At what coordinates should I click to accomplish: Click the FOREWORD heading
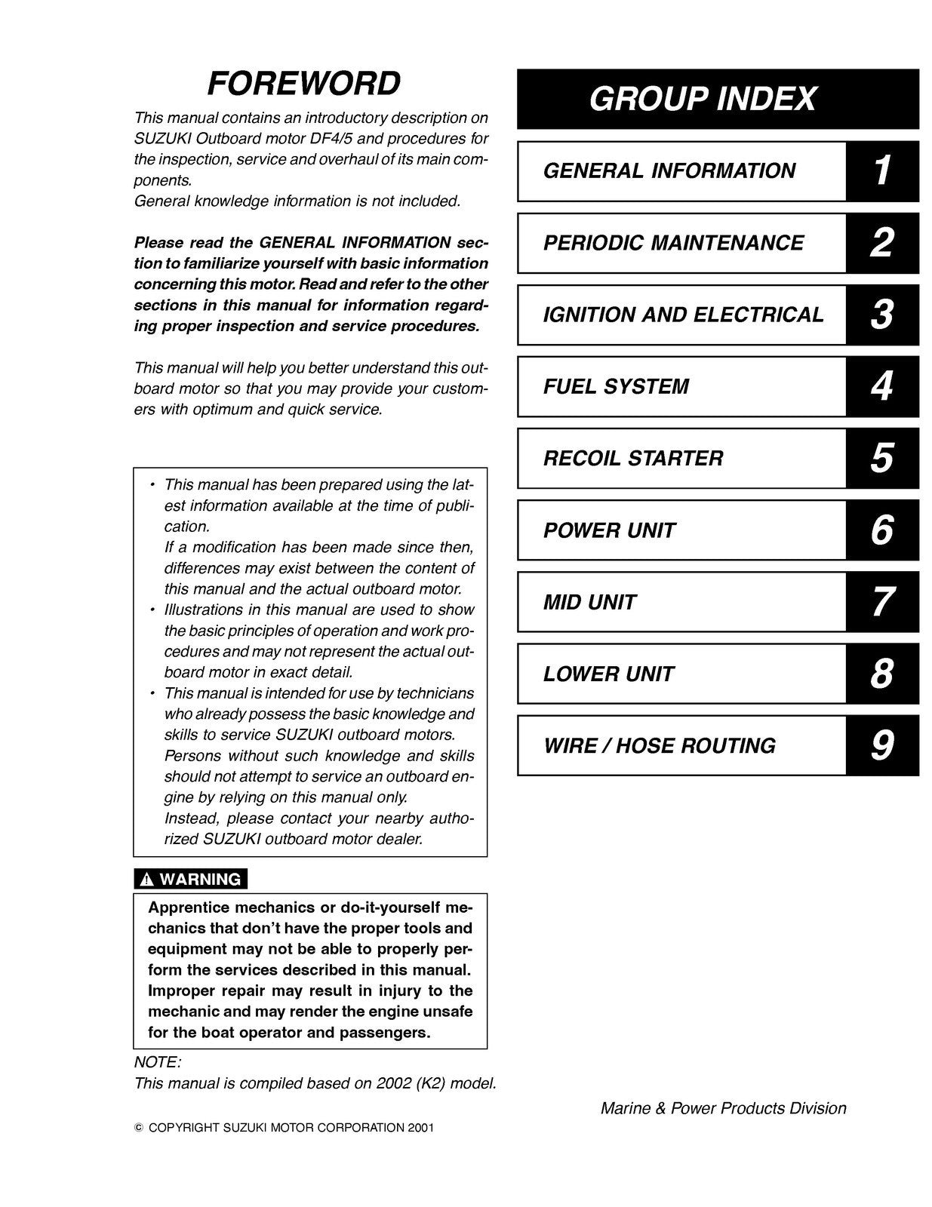coord(303,84)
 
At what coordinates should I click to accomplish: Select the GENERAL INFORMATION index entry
coord(669,171)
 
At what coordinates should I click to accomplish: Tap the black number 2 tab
coord(881,243)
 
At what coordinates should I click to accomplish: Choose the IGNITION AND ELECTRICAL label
coord(683,315)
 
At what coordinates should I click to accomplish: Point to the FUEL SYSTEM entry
coord(616,387)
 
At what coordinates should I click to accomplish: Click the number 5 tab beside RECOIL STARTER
coord(881,459)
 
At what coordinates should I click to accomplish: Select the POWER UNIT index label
coord(609,530)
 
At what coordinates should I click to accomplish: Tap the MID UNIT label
coord(589,602)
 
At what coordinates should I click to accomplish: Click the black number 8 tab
coord(881,674)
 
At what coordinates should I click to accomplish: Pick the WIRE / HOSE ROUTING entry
coord(659,746)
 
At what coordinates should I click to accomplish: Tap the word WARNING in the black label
coord(201,880)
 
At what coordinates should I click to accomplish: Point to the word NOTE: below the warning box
coord(157,1062)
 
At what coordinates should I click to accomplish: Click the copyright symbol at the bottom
coord(138,1129)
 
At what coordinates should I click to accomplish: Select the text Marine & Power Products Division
coord(723,1108)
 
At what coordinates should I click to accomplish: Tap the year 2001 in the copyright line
coord(420,1129)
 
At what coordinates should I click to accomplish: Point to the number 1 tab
coord(881,171)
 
